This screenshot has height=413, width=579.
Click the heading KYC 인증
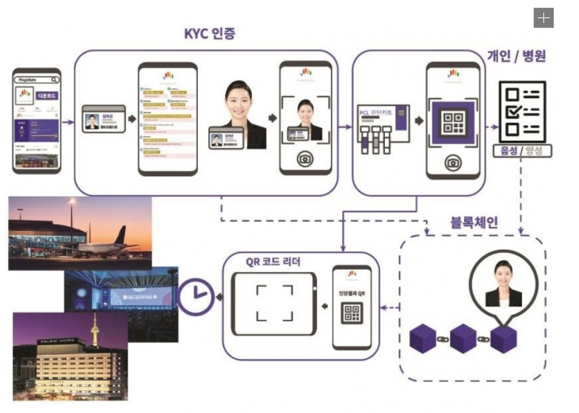pyautogui.click(x=209, y=33)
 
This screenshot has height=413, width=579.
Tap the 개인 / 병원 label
pyautogui.click(x=516, y=56)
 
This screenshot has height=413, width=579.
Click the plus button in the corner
pyautogui.click(x=543, y=18)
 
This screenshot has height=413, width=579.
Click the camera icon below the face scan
pyautogui.click(x=304, y=158)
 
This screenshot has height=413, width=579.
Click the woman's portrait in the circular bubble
pyautogui.click(x=503, y=282)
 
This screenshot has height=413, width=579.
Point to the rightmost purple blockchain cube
pyautogui.click(x=503, y=339)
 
